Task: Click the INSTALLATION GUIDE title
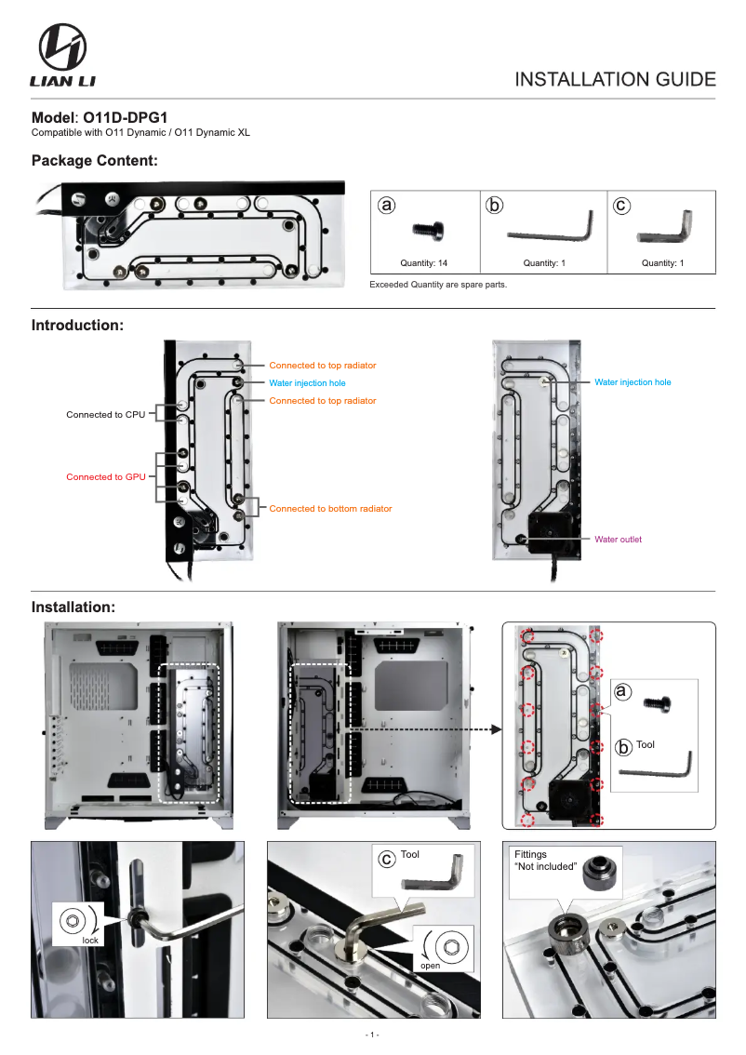click(x=615, y=79)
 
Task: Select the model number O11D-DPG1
click(x=126, y=118)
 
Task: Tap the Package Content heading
click(x=94, y=161)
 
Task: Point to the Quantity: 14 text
click(x=424, y=263)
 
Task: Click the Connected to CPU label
click(x=105, y=414)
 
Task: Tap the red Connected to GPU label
click(x=105, y=476)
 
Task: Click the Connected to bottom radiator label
click(x=330, y=509)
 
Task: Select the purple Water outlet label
click(x=618, y=540)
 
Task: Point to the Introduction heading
click(x=77, y=326)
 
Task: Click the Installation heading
click(x=73, y=608)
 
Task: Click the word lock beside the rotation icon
click(x=90, y=941)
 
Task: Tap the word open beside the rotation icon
click(x=430, y=966)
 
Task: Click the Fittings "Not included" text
click(x=545, y=861)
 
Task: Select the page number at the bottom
click(x=372, y=1035)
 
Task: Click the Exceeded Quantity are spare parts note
click(x=438, y=284)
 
